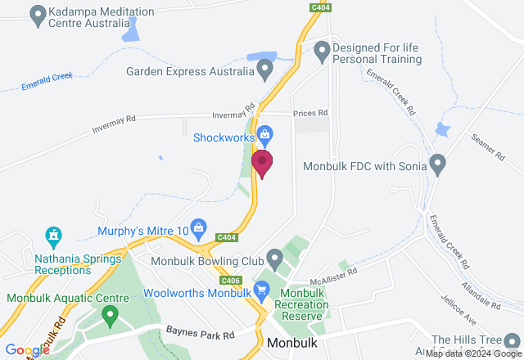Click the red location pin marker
click(263, 163)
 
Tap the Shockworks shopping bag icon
click(264, 134)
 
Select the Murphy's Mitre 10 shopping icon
click(197, 227)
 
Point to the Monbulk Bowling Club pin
click(275, 260)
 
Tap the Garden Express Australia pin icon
click(264, 70)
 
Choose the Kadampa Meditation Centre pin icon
click(37, 14)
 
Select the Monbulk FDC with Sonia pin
click(438, 164)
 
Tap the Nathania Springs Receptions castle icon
click(54, 237)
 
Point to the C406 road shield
click(232, 281)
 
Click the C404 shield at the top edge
click(320, 7)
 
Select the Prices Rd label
click(310, 113)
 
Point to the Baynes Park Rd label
click(200, 334)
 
